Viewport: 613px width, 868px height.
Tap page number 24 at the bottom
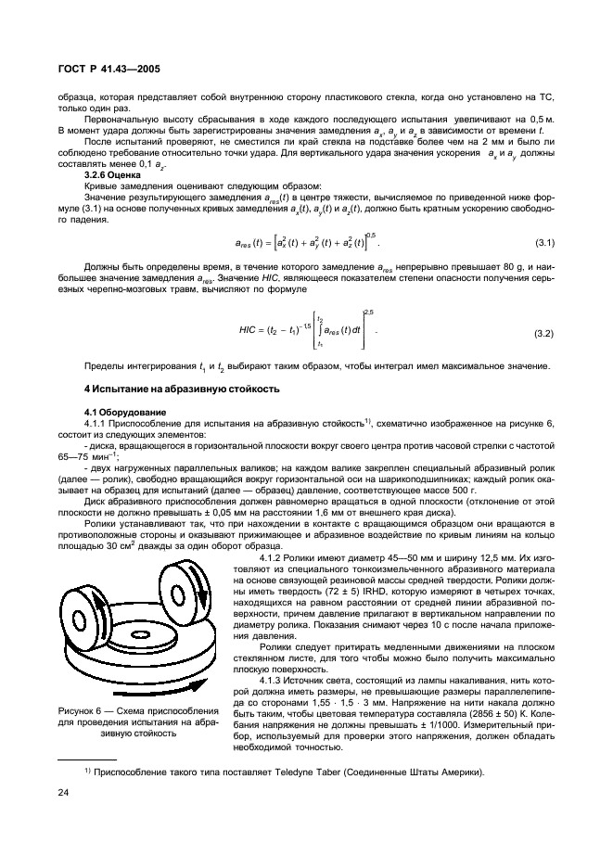point(64,793)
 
